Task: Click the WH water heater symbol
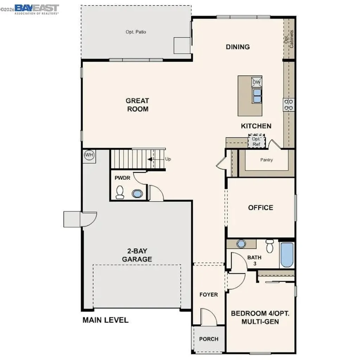tap(89, 155)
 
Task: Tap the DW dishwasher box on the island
tap(257, 82)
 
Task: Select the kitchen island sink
tap(257, 95)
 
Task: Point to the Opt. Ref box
tap(256, 141)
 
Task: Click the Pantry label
tap(266, 160)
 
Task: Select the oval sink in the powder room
tap(137, 194)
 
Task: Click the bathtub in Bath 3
tap(287, 255)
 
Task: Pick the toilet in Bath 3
tap(270, 246)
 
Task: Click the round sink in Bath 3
tap(241, 244)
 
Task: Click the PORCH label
tap(209, 339)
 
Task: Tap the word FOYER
tap(209, 295)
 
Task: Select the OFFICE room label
tap(261, 207)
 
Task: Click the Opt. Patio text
tap(136, 32)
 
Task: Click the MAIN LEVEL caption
tap(105, 320)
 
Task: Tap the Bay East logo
tap(37, 8)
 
